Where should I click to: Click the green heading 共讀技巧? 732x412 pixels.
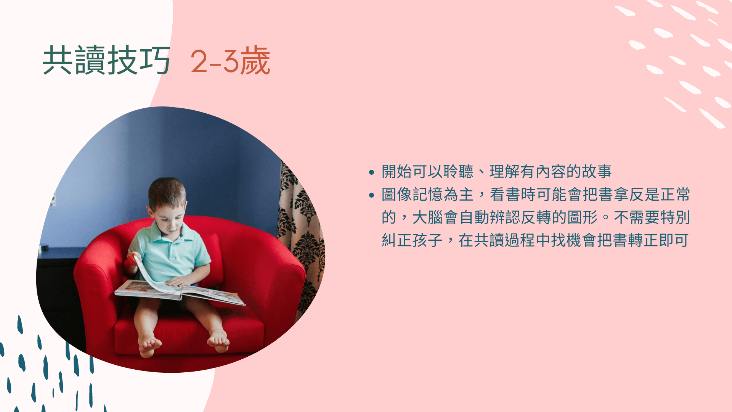(x=106, y=60)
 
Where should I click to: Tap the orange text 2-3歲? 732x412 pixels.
(x=230, y=60)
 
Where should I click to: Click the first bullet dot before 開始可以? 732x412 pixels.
(x=372, y=172)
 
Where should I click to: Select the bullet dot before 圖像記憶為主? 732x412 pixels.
(x=372, y=195)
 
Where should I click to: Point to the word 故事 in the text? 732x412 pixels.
(x=597, y=172)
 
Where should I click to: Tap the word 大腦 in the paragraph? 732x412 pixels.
(x=428, y=217)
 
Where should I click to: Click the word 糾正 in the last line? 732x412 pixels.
(x=397, y=240)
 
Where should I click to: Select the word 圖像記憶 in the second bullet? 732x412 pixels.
(x=413, y=195)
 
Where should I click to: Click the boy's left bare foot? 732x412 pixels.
(x=218, y=341)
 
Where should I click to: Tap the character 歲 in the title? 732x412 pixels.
(x=255, y=60)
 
